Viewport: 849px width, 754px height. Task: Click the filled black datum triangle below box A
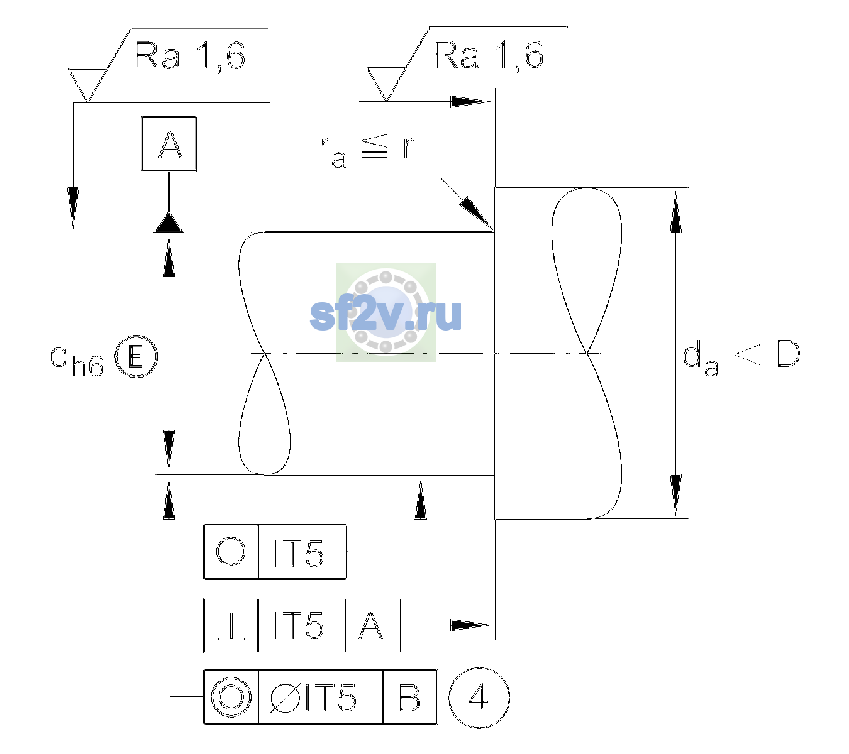pos(169,222)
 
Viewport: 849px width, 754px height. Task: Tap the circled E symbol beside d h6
pos(136,356)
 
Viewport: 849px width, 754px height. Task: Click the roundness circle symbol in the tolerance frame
pos(231,552)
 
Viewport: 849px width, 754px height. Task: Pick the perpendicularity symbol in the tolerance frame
pos(231,626)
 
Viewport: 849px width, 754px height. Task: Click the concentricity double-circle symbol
pos(231,697)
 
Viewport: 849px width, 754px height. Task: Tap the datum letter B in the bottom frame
pos(410,697)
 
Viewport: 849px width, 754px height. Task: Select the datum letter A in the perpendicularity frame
pos(371,625)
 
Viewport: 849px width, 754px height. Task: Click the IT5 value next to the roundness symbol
pos(298,553)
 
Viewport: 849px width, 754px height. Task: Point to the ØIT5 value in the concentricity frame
pos(313,698)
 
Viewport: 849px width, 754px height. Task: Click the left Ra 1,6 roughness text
pos(189,56)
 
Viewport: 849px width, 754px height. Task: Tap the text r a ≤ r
pos(367,151)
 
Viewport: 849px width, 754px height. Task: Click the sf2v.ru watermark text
pos(386,314)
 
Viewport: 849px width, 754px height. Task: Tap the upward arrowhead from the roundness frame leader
pos(421,499)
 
